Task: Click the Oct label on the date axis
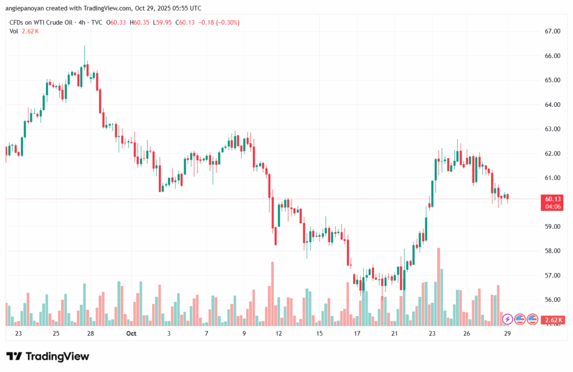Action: point(131,334)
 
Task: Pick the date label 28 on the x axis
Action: point(91,334)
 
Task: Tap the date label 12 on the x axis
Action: point(278,334)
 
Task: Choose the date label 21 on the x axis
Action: point(394,334)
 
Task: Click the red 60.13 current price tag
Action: point(552,199)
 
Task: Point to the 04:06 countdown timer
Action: point(552,206)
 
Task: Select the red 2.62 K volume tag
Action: point(552,320)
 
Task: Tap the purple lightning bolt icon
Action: point(508,319)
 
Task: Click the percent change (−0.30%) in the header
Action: point(226,22)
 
